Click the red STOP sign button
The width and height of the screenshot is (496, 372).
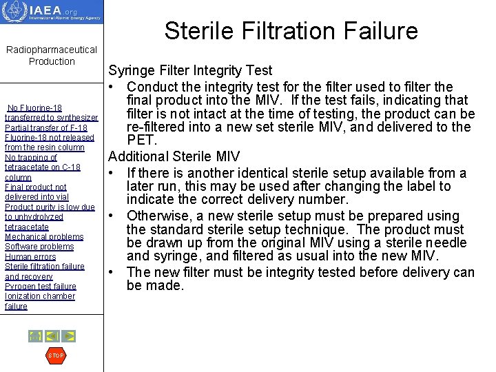(x=55, y=355)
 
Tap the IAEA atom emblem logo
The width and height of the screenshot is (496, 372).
(x=14, y=11)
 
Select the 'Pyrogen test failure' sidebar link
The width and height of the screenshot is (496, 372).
(x=41, y=287)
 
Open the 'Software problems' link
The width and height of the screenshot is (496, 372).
(x=39, y=247)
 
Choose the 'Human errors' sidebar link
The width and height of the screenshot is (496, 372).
(x=31, y=256)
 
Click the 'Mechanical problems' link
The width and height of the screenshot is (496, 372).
(x=44, y=237)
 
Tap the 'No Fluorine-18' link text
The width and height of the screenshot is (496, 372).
(x=34, y=108)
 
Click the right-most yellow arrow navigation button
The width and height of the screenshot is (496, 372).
(x=69, y=336)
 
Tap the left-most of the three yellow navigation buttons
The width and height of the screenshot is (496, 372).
(x=34, y=336)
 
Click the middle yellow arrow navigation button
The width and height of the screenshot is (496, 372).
(x=52, y=336)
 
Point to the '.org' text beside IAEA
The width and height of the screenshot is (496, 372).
(x=70, y=11)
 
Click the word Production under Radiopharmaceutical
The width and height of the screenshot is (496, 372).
(x=52, y=61)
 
